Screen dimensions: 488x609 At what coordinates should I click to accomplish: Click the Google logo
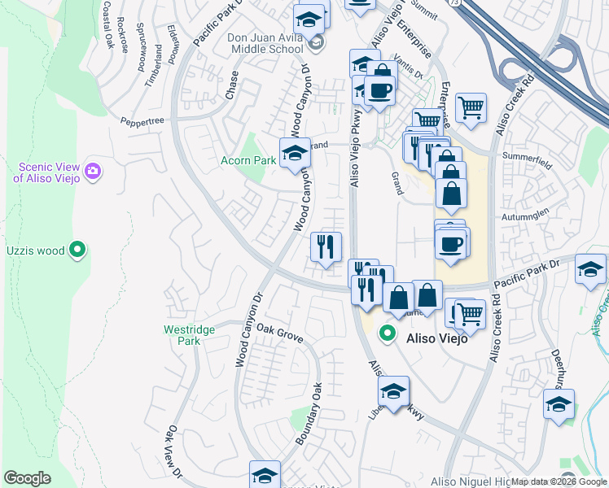[x=27, y=478]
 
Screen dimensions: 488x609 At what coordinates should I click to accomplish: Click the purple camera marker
[x=93, y=171]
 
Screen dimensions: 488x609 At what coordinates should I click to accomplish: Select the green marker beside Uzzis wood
[x=77, y=249]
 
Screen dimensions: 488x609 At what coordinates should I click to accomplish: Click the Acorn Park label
[x=248, y=160]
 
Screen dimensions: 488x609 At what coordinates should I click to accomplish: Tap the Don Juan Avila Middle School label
[x=265, y=43]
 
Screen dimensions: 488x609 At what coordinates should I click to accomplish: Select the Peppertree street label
[x=143, y=120]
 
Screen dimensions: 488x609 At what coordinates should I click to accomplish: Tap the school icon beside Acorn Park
[x=295, y=152]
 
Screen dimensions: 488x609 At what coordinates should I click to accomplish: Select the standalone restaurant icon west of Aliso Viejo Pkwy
[x=326, y=246]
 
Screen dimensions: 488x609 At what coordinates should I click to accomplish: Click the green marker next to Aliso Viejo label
[x=388, y=333]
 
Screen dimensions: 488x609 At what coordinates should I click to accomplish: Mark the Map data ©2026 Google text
[x=559, y=481]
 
